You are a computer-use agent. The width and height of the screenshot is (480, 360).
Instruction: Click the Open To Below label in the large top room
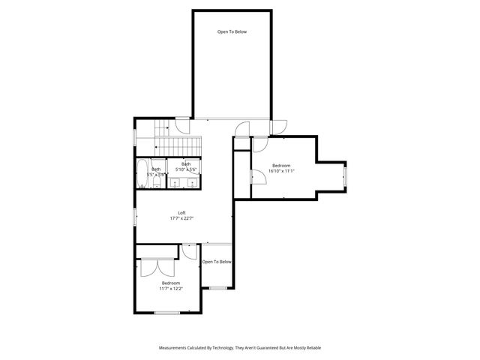pyautogui.click(x=232, y=31)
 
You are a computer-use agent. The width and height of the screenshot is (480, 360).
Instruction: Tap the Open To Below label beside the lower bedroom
pyautogui.click(x=217, y=262)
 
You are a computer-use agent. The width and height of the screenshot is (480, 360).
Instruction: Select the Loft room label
pyautogui.click(x=181, y=212)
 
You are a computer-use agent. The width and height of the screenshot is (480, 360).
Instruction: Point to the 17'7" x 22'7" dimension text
pyautogui.click(x=181, y=219)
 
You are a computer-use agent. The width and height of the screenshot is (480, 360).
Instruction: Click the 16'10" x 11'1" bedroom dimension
pyautogui.click(x=282, y=171)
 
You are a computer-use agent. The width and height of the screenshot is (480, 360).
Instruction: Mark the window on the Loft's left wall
pyautogui.click(x=135, y=216)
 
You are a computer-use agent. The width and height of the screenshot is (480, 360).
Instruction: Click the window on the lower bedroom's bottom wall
pyautogui.click(x=166, y=312)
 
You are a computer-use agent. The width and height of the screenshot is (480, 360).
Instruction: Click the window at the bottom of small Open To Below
pyautogui.click(x=217, y=287)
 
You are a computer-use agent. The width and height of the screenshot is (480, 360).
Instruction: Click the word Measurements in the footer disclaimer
pyautogui.click(x=175, y=348)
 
